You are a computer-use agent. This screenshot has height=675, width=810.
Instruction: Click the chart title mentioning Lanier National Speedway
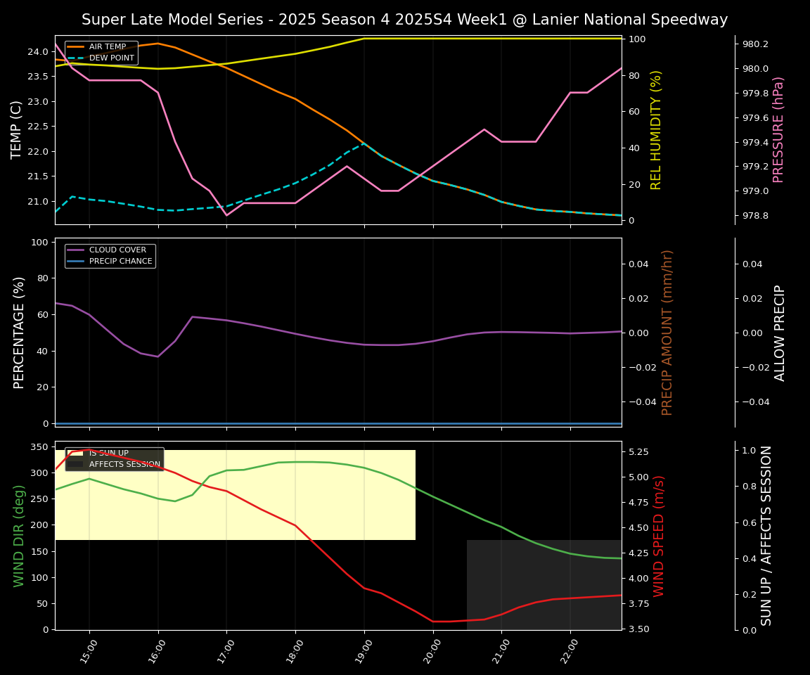[x=404, y=20]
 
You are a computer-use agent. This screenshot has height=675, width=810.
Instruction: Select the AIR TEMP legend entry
[x=107, y=47]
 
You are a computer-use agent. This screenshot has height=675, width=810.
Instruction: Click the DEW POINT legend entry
[x=111, y=58]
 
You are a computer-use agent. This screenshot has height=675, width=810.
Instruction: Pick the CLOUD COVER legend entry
[x=117, y=250]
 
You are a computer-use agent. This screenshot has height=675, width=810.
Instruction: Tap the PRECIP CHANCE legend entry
[x=120, y=262]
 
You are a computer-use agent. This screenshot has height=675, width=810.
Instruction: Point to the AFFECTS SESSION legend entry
[x=124, y=464]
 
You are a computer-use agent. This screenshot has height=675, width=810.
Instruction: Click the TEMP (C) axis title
[x=18, y=129]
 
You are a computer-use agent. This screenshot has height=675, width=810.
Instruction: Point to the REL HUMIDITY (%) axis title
[x=656, y=129]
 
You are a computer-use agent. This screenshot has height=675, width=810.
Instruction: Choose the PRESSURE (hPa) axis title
[x=778, y=129]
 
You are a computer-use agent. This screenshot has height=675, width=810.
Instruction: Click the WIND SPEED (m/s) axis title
[x=659, y=536]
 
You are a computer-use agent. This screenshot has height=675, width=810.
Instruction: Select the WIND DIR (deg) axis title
[x=19, y=536]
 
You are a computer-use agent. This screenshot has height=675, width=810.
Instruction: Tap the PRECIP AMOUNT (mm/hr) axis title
[x=667, y=332]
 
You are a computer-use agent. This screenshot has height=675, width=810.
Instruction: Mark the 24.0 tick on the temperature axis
[x=37, y=52]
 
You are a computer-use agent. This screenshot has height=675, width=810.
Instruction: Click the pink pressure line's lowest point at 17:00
[x=226, y=215]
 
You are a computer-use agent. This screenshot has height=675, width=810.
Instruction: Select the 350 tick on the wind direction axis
[x=39, y=447]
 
